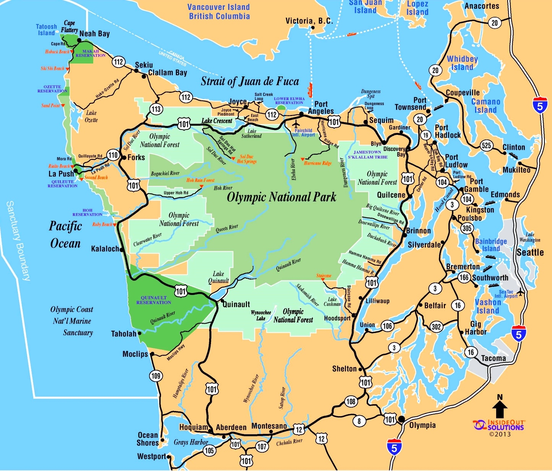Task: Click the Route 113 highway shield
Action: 156,109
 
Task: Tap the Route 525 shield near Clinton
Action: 486,146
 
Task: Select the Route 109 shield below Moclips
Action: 156,376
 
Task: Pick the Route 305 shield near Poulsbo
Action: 466,228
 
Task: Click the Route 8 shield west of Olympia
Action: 359,421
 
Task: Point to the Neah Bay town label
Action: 94,34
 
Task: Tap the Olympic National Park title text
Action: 281,197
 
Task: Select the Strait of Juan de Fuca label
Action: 250,81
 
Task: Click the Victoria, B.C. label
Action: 309,21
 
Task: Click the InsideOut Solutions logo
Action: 499,426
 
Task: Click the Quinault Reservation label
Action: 154,300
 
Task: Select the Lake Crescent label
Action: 217,121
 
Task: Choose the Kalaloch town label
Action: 105,249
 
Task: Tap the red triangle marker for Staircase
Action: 323,280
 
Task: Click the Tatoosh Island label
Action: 46,30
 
